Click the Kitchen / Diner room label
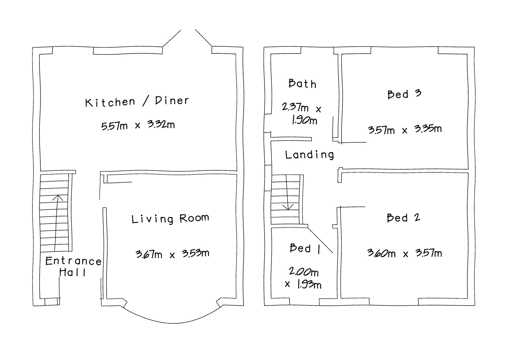tap(137, 102)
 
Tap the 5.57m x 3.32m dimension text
tap(138, 125)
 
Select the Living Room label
tap(170, 219)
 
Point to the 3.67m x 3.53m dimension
tap(172, 254)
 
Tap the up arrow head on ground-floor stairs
tap(58, 197)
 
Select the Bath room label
tap(302, 84)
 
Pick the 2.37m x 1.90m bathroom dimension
tap(302, 114)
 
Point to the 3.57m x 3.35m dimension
tap(405, 130)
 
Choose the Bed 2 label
tap(404, 218)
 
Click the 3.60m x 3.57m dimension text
tap(405, 253)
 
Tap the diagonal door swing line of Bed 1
tap(320, 240)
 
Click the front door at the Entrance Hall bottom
tap(52, 302)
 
